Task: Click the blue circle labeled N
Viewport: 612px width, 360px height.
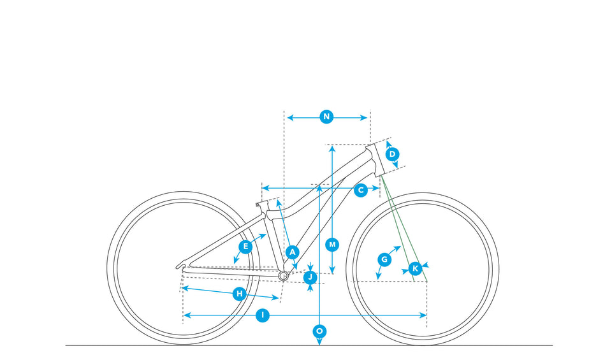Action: point(326,117)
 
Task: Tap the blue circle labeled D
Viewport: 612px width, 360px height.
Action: point(393,154)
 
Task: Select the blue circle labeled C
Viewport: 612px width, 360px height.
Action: point(361,189)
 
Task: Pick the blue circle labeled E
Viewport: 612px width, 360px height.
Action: point(245,246)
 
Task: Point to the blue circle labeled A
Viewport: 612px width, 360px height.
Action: point(293,252)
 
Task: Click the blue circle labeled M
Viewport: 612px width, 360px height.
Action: point(332,244)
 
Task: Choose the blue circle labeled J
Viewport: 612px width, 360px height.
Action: point(310,277)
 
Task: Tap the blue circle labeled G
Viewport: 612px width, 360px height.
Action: point(384,259)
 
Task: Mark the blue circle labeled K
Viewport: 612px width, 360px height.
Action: point(415,268)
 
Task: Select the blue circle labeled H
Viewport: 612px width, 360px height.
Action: point(239,294)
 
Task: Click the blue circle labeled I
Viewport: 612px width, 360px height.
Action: point(262,315)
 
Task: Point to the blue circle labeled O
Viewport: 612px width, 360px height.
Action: point(319,331)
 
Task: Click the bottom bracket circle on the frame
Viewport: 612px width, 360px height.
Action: point(284,275)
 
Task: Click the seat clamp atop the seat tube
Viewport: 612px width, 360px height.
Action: point(260,205)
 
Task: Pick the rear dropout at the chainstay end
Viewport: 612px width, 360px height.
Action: point(182,265)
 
